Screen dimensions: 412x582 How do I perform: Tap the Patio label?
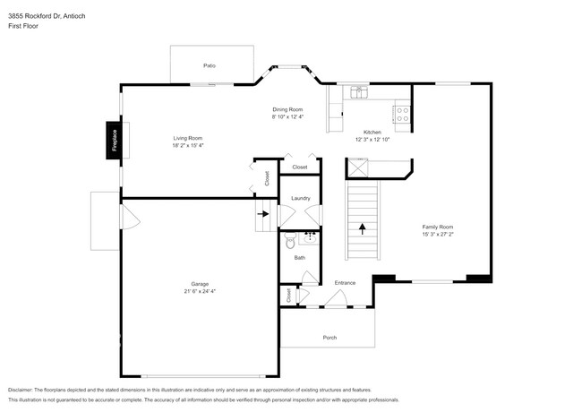coord(210,65)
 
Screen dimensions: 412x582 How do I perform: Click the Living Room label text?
coord(188,138)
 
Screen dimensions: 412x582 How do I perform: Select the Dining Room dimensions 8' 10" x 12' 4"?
coord(288,116)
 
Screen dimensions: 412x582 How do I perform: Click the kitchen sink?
coord(358,90)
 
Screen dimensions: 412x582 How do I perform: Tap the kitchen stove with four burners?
coord(402,113)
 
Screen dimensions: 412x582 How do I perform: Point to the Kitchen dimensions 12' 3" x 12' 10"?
coord(372,139)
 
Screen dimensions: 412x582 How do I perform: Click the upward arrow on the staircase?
coord(363,228)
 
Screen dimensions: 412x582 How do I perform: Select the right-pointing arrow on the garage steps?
coord(263,214)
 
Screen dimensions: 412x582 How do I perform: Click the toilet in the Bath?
coord(289,241)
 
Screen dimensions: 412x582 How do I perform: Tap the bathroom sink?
coord(311,237)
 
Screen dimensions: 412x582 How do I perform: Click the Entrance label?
coord(345,283)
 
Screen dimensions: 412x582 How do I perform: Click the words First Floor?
coord(22,14)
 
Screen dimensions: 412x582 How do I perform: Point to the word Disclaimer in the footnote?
coord(23,391)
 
